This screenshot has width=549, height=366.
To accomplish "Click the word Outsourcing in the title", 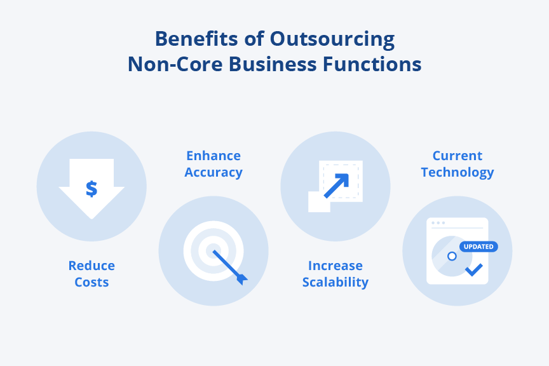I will (332, 39).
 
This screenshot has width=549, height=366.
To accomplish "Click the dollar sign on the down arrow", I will (91, 189).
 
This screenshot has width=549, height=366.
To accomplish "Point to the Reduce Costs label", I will (91, 274).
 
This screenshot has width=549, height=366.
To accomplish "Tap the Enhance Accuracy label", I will (213, 164).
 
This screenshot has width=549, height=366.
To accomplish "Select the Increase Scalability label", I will (335, 274).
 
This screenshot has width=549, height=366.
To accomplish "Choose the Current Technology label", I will (457, 164).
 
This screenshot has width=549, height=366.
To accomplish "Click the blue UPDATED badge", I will (478, 247).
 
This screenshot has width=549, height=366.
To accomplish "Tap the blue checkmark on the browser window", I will (473, 270).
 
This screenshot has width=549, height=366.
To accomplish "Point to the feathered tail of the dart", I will (241, 278).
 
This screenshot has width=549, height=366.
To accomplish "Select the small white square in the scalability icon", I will (319, 202).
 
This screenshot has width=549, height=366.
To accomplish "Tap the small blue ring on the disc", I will (452, 256).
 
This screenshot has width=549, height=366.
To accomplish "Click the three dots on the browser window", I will (438, 223).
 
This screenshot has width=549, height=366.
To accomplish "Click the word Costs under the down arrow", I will (91, 282).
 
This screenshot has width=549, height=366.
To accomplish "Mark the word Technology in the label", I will (457, 172).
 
